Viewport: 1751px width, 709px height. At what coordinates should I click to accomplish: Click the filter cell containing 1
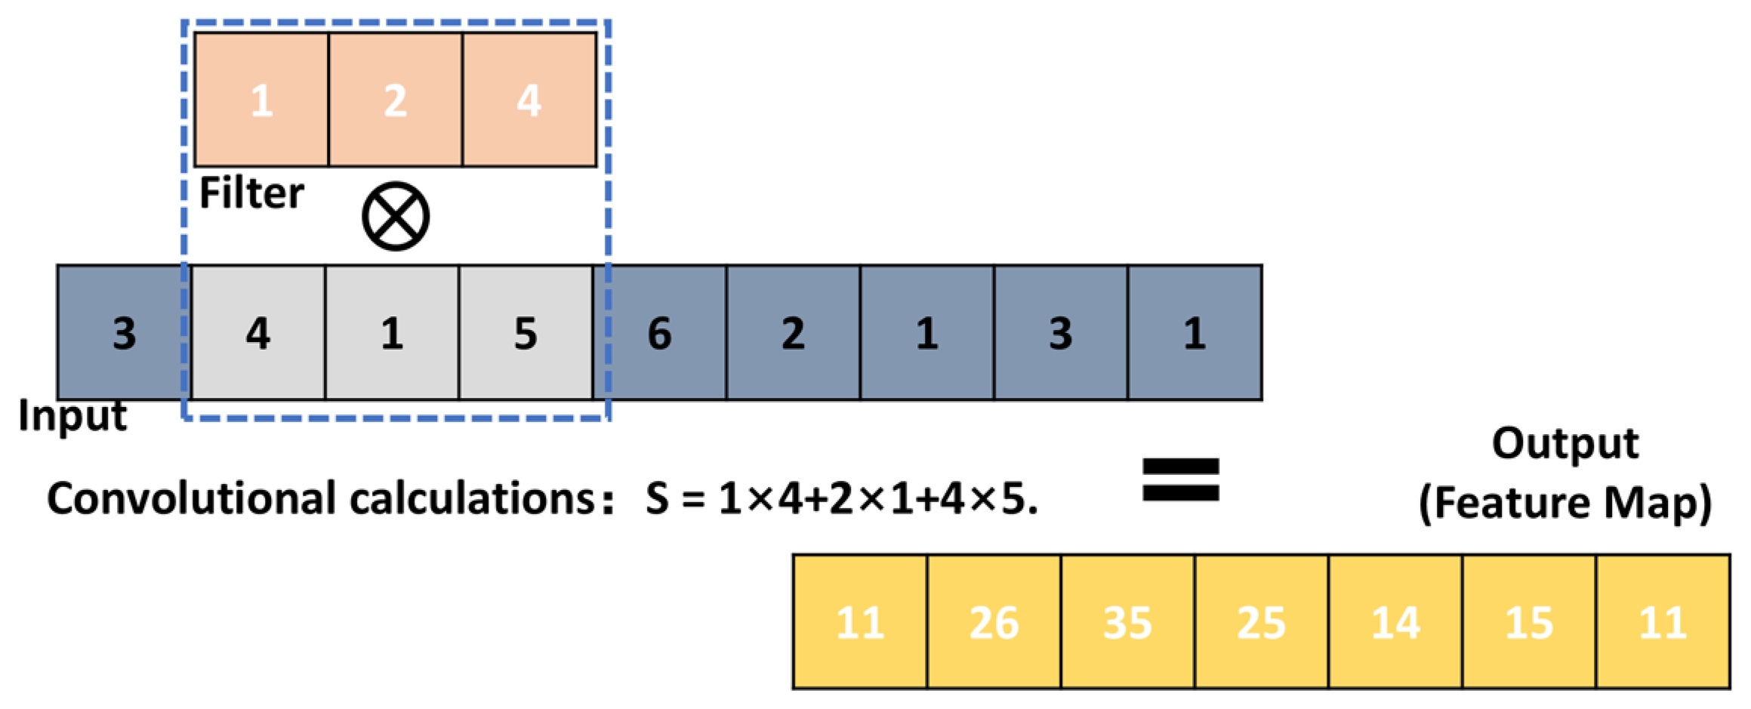(x=261, y=100)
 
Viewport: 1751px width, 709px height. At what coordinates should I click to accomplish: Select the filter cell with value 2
(x=395, y=100)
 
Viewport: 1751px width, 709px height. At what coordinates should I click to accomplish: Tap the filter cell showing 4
(x=529, y=100)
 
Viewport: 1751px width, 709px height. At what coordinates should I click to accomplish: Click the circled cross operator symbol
(x=396, y=217)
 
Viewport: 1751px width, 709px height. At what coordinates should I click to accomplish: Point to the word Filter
(x=251, y=193)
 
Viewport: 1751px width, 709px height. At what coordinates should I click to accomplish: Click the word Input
(x=72, y=416)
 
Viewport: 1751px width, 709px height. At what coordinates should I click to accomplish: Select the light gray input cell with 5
(x=526, y=333)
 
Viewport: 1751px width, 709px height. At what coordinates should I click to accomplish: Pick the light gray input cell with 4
(x=258, y=333)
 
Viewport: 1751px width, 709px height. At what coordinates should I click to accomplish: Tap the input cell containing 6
(x=660, y=333)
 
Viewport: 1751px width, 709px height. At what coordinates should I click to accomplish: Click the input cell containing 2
(x=793, y=333)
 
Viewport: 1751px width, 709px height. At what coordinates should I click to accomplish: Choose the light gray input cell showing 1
(x=392, y=333)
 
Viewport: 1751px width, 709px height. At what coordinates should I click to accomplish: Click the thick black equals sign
(x=1180, y=480)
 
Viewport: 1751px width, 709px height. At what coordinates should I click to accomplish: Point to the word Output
(x=1564, y=444)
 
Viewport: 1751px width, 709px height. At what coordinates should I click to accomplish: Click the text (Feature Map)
(x=1564, y=503)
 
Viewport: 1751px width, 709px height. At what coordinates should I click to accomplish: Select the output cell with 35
(x=1127, y=623)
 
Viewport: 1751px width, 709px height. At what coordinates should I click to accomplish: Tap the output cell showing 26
(x=994, y=623)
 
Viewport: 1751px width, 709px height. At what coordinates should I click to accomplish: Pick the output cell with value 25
(x=1261, y=623)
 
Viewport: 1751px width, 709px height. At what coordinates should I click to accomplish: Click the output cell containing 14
(x=1395, y=623)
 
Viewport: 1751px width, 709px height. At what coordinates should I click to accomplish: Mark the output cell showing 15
(x=1529, y=623)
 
